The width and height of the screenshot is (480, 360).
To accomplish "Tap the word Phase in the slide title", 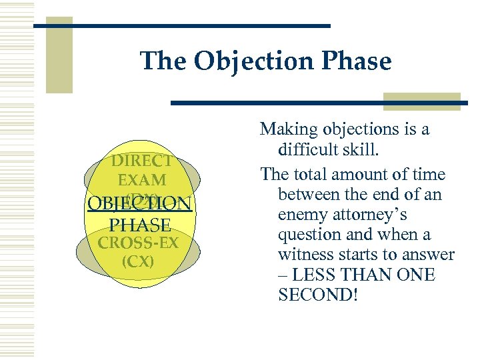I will pyautogui.click(x=360, y=61).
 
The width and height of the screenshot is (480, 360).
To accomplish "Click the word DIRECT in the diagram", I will pyautogui.click(x=142, y=161).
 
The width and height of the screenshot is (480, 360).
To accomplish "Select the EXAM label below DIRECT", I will pyautogui.click(x=142, y=180).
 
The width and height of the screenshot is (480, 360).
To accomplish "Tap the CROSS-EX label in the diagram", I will pyautogui.click(x=138, y=242).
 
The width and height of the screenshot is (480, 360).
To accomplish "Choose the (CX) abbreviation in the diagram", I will pyautogui.click(x=138, y=260).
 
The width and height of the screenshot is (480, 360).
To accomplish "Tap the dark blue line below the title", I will pyautogui.click(x=320, y=103).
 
